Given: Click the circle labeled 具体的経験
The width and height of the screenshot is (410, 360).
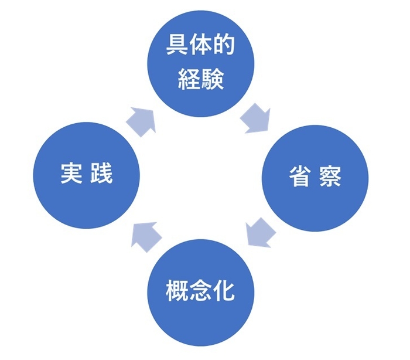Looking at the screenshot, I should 201,63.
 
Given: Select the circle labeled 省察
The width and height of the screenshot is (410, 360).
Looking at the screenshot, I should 315,176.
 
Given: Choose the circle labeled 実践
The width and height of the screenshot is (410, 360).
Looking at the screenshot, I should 87,174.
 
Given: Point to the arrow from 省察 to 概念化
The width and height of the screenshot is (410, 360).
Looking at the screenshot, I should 257,232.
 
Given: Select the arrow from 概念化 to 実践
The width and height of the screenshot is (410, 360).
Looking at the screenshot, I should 146,235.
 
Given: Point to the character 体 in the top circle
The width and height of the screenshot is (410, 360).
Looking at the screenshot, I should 200,47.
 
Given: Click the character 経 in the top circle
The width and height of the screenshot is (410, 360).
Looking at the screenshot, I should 189,79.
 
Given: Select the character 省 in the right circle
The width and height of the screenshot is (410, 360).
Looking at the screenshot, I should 300,176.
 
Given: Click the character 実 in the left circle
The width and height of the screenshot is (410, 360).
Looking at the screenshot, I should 71,174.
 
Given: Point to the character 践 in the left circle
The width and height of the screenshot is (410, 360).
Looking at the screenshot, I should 102,174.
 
